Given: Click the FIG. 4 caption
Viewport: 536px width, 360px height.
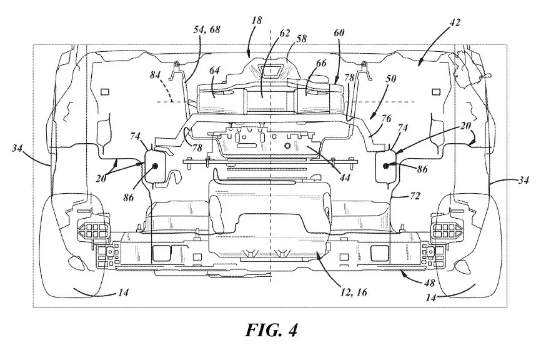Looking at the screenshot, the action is (x=271, y=331).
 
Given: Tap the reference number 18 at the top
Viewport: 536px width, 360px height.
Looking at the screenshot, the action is (x=256, y=21).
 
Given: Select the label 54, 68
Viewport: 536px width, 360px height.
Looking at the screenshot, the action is (x=207, y=29).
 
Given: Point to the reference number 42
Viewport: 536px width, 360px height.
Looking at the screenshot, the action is (x=455, y=23).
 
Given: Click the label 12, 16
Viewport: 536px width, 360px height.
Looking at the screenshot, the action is (x=354, y=292).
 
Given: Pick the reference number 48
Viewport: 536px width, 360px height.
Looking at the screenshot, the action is (x=429, y=282).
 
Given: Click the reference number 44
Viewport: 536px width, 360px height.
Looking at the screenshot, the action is (x=344, y=176).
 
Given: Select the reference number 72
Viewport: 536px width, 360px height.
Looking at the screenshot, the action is (x=414, y=196).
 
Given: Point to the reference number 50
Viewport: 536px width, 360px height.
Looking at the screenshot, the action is (x=390, y=78).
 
